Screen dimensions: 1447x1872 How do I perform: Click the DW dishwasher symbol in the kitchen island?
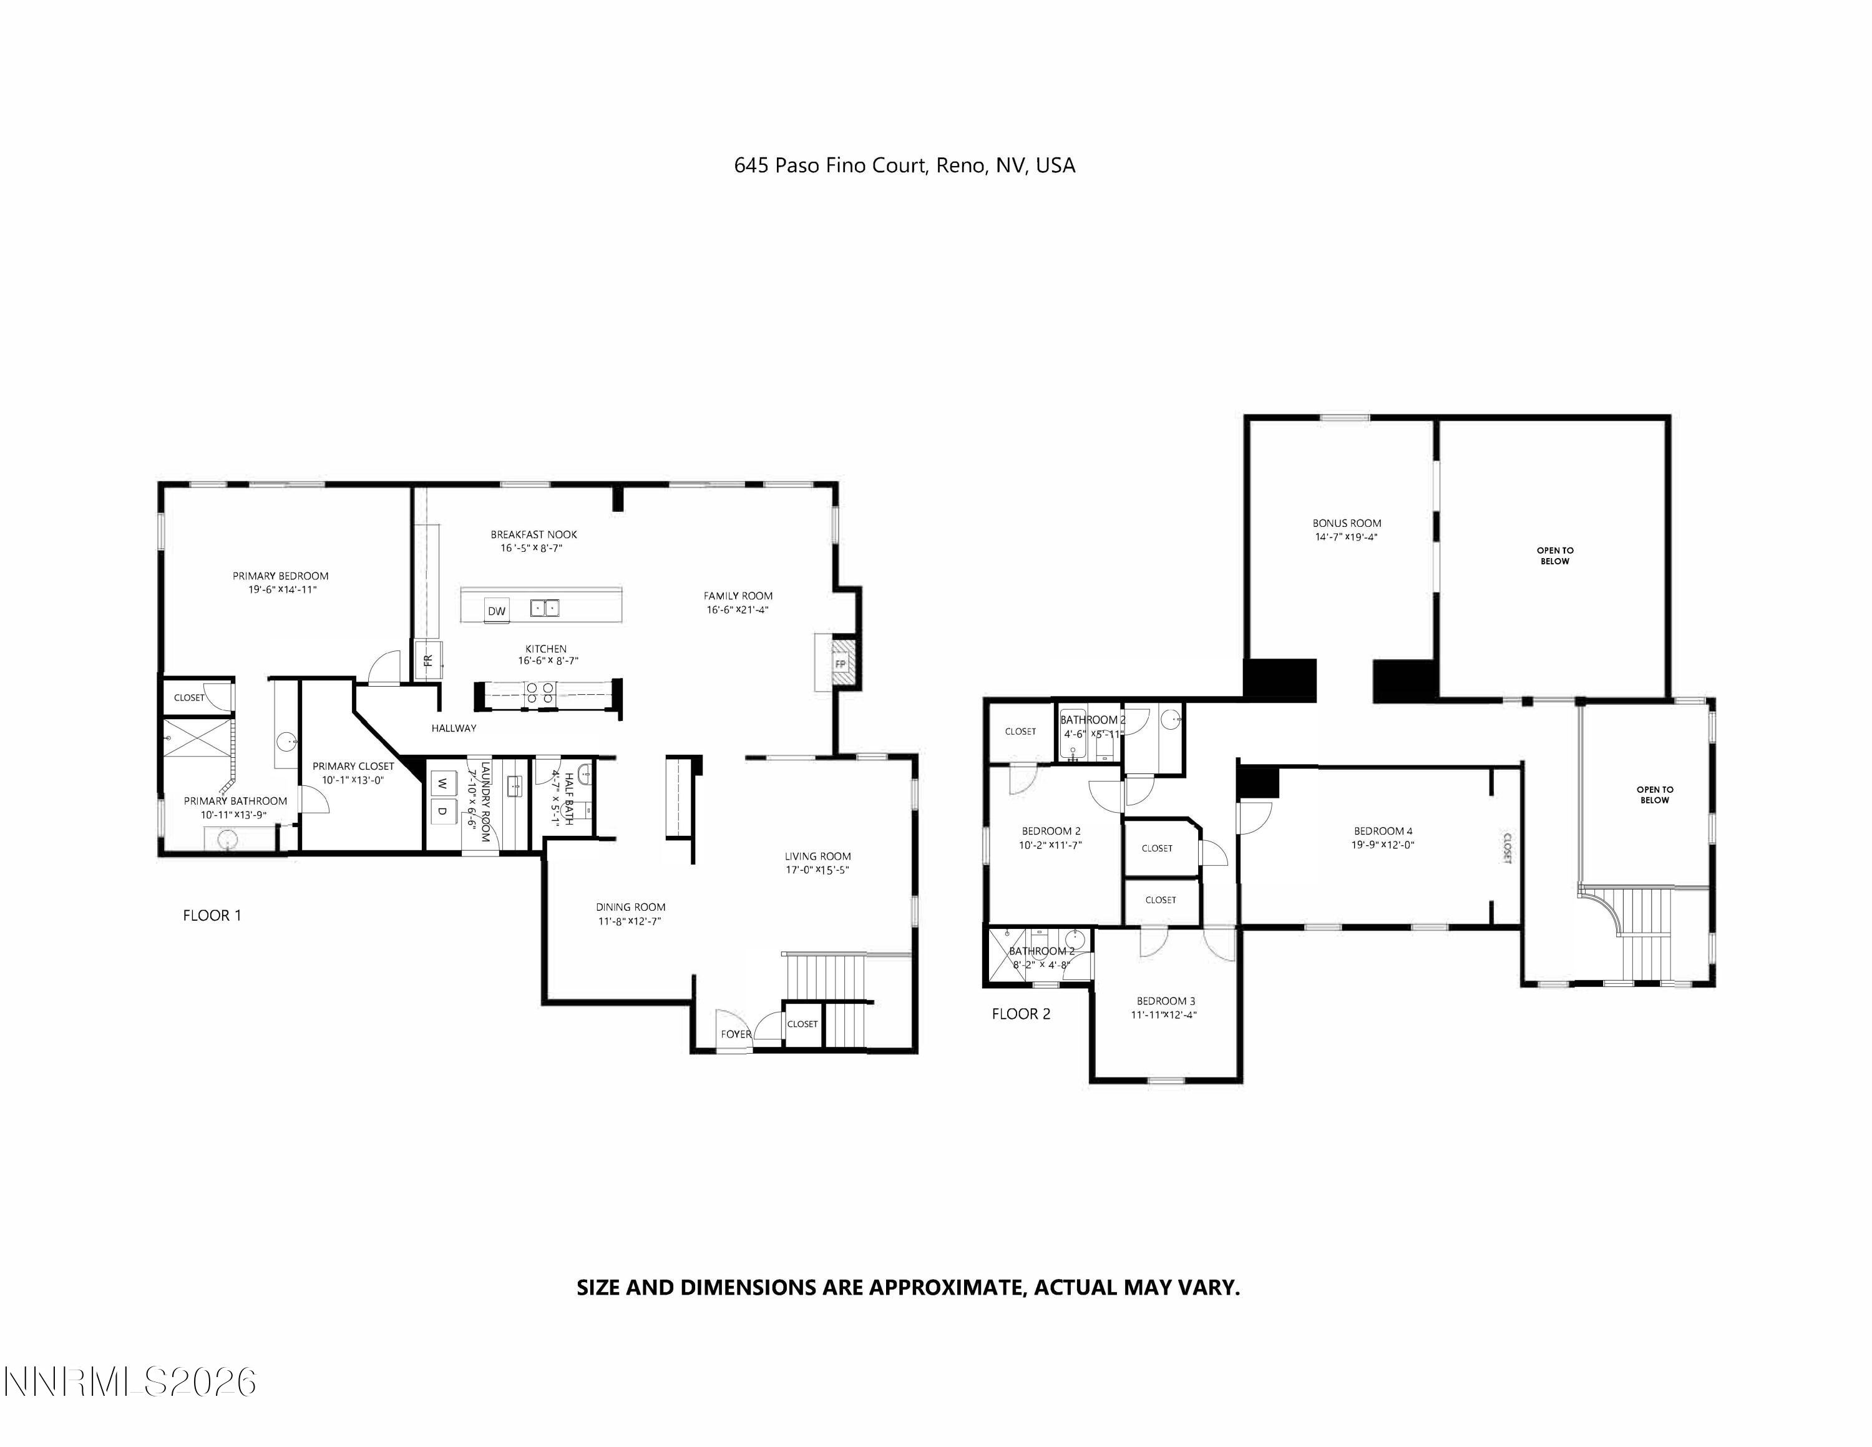pyautogui.click(x=496, y=611)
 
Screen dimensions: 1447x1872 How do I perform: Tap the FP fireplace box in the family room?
pyautogui.click(x=840, y=664)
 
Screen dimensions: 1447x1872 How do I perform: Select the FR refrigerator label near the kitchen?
pyautogui.click(x=427, y=660)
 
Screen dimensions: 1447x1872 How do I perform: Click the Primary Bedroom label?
pyautogui.click(x=280, y=576)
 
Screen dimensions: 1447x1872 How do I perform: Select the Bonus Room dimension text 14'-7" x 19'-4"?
pyautogui.click(x=1346, y=537)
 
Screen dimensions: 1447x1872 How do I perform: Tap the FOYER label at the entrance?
pyautogui.click(x=736, y=1034)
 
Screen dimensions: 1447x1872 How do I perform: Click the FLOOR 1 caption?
pyautogui.click(x=212, y=916)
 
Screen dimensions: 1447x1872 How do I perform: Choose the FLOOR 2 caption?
pyautogui.click(x=1020, y=1014)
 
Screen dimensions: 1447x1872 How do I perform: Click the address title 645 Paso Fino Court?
pyautogui.click(x=904, y=165)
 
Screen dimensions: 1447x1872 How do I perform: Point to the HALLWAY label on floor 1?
pyautogui.click(x=454, y=728)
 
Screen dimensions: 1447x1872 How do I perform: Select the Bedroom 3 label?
pyautogui.click(x=1165, y=1001)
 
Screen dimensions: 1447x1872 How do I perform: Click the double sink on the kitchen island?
pyautogui.click(x=544, y=608)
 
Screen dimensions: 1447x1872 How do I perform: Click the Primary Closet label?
pyautogui.click(x=353, y=767)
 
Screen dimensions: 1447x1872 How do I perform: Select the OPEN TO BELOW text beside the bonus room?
pyautogui.click(x=1554, y=556)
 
